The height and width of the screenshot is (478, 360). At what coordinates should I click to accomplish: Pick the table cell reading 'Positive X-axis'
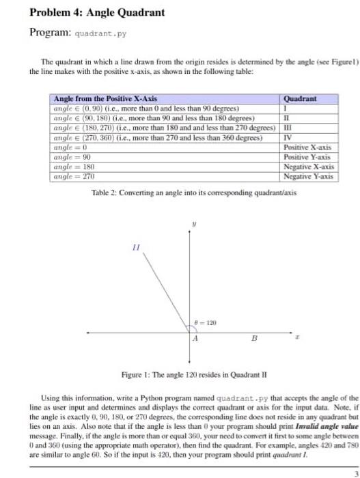coord(307,147)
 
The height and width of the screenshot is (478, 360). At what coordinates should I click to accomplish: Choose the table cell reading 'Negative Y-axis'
coord(308,176)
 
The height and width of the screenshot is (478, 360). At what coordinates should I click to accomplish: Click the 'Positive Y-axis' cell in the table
coord(307,156)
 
